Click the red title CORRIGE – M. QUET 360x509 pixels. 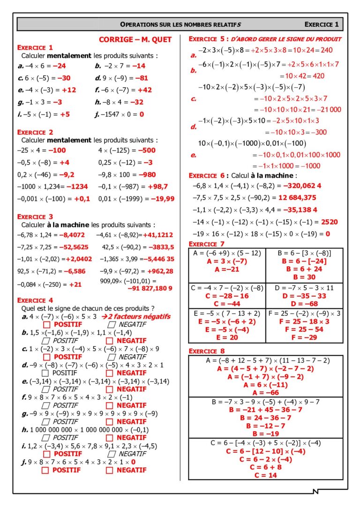(135, 40)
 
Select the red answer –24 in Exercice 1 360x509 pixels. (59, 66)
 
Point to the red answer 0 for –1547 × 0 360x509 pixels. (141, 114)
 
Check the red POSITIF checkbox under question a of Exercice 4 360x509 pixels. (46, 324)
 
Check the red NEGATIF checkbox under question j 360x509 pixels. (109, 470)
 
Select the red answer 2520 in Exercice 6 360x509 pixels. (329, 222)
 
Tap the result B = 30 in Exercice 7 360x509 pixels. (304, 277)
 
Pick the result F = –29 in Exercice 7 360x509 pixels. (304, 337)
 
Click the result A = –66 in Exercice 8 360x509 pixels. (265, 392)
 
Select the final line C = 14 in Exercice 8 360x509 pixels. (265, 475)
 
